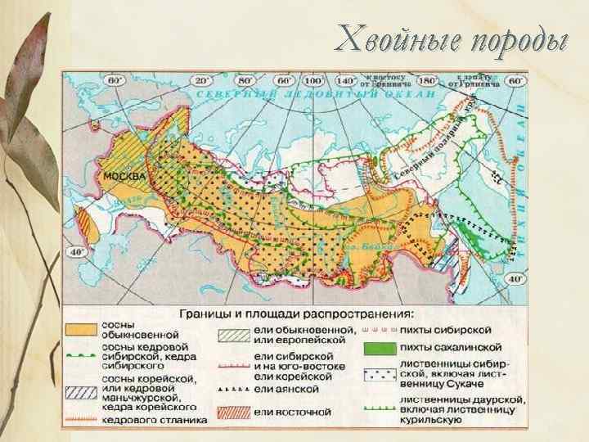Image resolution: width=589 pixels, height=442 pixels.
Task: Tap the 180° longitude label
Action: click(428, 82)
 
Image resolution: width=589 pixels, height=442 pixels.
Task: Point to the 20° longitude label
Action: click(200, 82)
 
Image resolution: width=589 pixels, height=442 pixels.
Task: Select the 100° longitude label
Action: click(312, 82)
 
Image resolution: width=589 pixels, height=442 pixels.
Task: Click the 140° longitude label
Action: click(347, 82)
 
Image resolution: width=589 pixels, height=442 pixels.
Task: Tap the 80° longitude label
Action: click(245, 82)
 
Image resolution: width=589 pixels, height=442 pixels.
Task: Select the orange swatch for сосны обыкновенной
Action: click(80, 329)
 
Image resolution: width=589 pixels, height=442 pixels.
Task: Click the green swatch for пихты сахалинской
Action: click(380, 347)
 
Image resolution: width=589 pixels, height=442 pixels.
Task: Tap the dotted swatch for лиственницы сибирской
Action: click(380, 372)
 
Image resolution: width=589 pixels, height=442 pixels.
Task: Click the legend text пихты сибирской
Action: click(446, 328)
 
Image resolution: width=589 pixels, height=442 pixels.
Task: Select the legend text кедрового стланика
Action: click(154, 419)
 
